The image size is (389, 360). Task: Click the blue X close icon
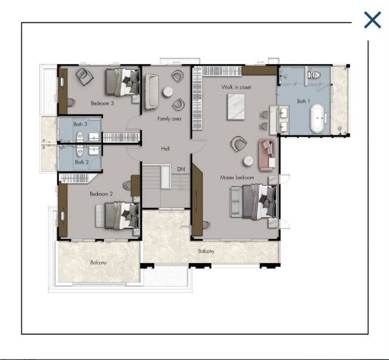[x=372, y=20]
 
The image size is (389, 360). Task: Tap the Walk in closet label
[x=236, y=87]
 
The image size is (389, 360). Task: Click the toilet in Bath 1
[x=314, y=75]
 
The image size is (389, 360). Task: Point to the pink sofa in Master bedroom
[x=267, y=155]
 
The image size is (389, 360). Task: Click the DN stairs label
[x=181, y=169]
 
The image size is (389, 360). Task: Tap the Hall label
[x=165, y=149]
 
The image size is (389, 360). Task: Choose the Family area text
[x=170, y=119]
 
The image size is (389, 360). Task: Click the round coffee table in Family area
[x=168, y=92]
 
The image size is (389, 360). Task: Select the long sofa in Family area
[x=152, y=91]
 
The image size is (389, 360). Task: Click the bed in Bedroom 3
[x=123, y=82]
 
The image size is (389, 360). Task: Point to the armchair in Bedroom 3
[x=84, y=77]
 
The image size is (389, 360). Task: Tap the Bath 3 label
[x=80, y=124]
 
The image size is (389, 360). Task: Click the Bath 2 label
[x=82, y=162]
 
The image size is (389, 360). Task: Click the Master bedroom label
[x=237, y=177]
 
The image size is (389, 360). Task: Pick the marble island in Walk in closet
[x=236, y=107]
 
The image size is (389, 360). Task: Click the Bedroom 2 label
[x=101, y=194]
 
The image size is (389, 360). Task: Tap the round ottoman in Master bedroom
[x=248, y=161]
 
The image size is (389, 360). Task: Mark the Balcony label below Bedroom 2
[x=98, y=262]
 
